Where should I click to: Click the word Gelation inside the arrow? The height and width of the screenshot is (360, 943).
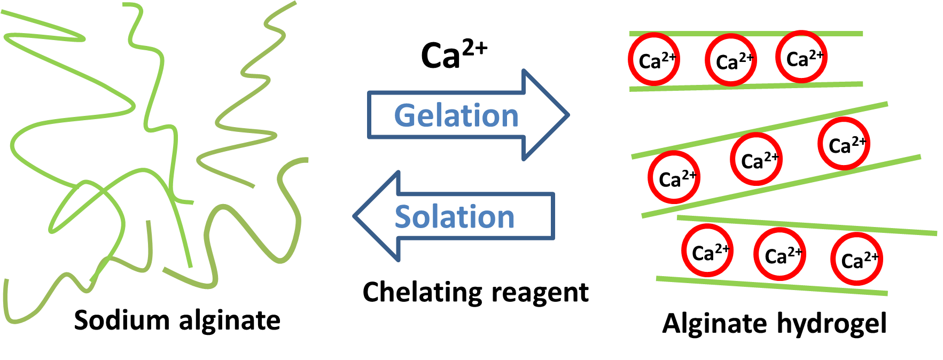pyautogui.click(x=456, y=115)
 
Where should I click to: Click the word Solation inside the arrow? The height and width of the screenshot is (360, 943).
pyautogui.click(x=455, y=217)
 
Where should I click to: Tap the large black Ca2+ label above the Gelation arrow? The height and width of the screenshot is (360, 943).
pyautogui.click(x=454, y=54)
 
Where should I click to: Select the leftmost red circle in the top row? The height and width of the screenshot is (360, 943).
pyautogui.click(x=654, y=59)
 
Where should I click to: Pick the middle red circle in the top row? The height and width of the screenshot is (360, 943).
pyautogui.click(x=731, y=60)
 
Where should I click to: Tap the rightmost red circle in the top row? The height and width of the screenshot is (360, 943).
pyautogui.click(x=801, y=57)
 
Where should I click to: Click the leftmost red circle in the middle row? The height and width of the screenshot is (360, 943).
pyautogui.click(x=674, y=177)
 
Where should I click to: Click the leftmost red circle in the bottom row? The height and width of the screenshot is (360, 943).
pyautogui.click(x=707, y=251)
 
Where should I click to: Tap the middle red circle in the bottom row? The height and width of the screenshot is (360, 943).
pyautogui.click(x=780, y=254)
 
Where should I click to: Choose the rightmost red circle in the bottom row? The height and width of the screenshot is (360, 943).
pyautogui.click(x=856, y=259)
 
